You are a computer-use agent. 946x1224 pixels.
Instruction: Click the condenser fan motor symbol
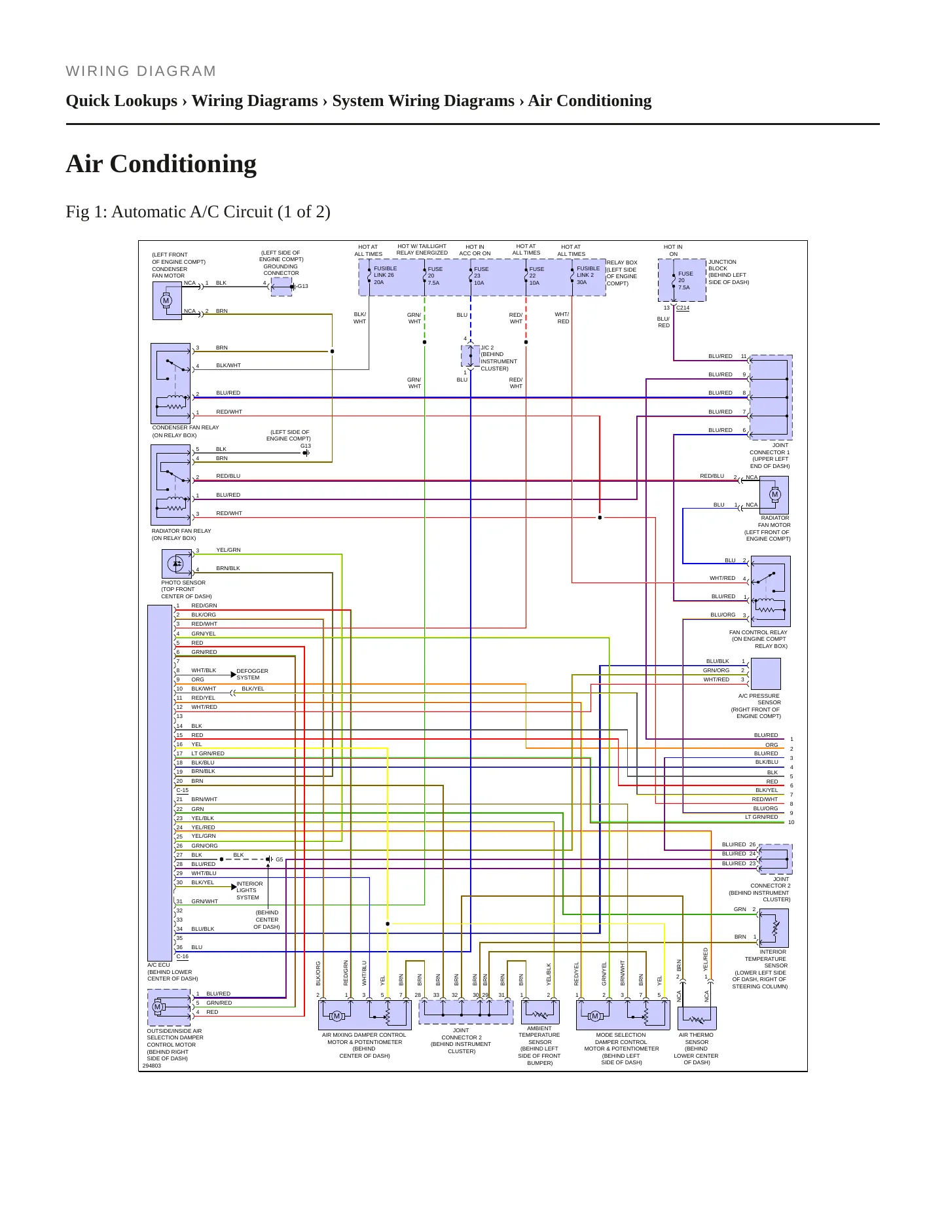167,300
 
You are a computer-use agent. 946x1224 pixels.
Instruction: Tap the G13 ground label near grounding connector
302,286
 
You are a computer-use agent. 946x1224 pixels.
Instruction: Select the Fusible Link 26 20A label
385,275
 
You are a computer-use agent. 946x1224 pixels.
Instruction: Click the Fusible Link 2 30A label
588,275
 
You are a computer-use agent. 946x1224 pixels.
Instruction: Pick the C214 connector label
683,308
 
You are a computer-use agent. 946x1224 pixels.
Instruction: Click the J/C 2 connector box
470,355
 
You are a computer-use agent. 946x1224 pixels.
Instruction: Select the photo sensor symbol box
176,564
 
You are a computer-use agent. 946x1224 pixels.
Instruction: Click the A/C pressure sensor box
766,674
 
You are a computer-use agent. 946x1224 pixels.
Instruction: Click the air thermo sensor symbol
697,1018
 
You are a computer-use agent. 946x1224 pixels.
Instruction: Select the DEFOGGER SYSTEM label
252,674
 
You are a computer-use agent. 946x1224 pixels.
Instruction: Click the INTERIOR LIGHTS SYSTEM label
249,890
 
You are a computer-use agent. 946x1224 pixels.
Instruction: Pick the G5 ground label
280,859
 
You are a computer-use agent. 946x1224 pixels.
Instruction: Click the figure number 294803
151,1066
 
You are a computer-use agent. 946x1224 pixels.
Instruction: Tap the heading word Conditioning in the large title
183,164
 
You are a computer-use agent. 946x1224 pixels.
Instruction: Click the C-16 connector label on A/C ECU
182,956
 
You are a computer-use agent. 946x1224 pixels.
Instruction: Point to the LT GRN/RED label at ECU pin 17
208,753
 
